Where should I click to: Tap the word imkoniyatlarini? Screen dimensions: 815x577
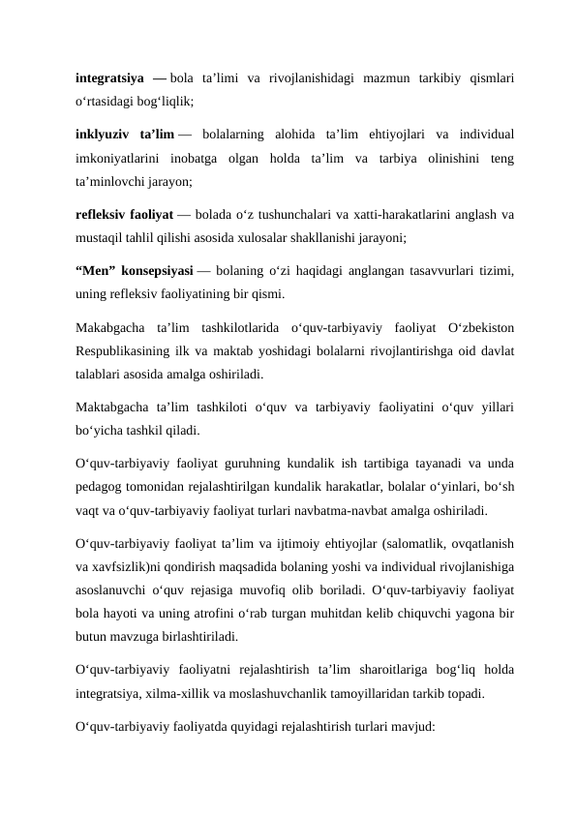[x=116, y=157]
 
